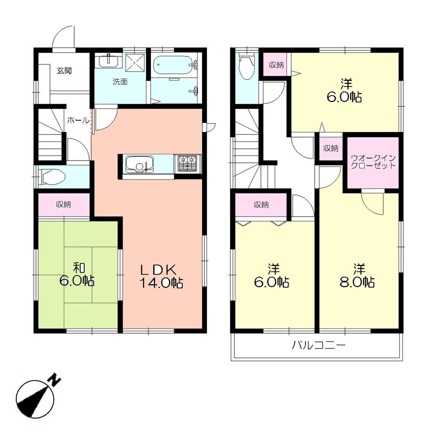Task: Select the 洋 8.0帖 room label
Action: [x=358, y=276]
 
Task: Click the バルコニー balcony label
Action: [x=318, y=346]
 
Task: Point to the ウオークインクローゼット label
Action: [x=373, y=162]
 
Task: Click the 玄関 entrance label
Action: [x=64, y=71]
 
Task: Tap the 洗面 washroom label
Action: [x=120, y=82]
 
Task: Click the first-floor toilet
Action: [x=52, y=177]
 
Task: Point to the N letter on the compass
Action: [x=55, y=380]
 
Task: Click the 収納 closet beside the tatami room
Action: [x=64, y=204]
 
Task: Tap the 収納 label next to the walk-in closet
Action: [x=331, y=148]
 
